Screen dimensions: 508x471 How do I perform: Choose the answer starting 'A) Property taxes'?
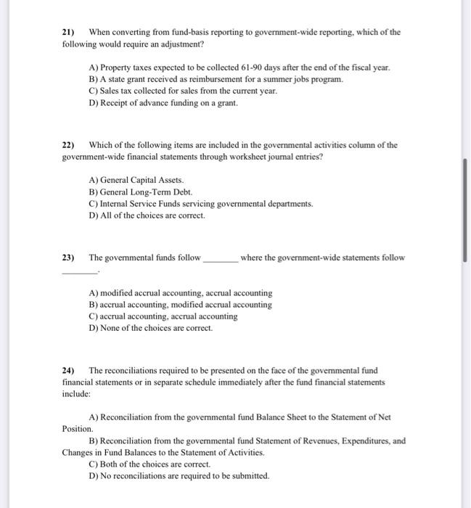[x=239, y=67]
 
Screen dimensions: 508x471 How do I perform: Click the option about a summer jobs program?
[x=216, y=78]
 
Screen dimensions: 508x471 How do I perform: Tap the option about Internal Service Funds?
[x=200, y=204]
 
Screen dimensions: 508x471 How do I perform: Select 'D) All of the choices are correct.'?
[x=147, y=216]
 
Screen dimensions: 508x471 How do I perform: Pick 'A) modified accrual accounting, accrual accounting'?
[x=180, y=293]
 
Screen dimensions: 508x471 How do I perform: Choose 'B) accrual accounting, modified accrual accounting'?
[x=180, y=305]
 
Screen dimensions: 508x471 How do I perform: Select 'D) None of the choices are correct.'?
[x=150, y=328]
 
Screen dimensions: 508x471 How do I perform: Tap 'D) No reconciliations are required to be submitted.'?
[x=178, y=475]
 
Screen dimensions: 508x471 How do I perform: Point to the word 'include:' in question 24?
[x=76, y=393]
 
